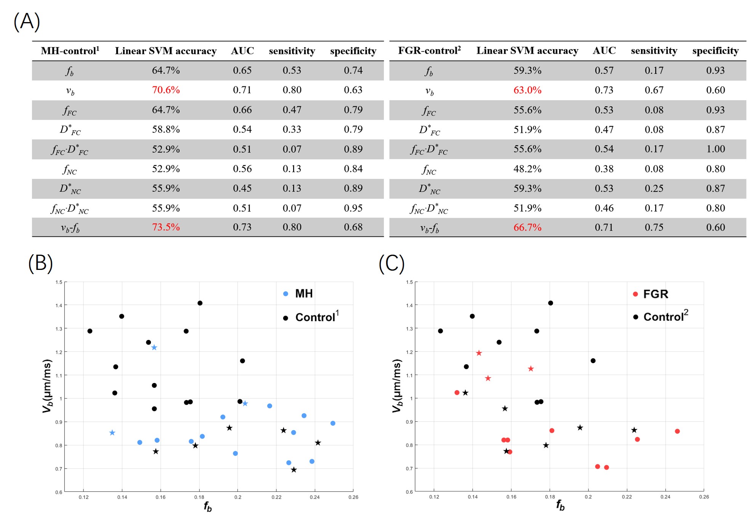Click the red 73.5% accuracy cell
coord(166,227)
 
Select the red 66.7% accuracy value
coord(527,228)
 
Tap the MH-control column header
coord(70,51)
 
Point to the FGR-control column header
coord(429,51)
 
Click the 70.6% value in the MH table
coord(166,90)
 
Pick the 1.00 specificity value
coord(715,149)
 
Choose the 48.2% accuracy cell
coord(527,169)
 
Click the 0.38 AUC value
coord(604,169)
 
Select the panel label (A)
coord(27,21)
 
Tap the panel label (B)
coord(40,263)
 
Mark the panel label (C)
coord(391,263)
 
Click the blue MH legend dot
coord(285,294)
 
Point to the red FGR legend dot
coord(635,294)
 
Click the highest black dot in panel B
coord(200,303)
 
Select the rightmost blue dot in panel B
coord(333,423)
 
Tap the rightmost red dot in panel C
coord(677,431)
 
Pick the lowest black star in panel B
coord(293,470)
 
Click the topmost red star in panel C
coord(479,353)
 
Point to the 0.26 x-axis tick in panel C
coord(704,497)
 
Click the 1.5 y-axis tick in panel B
coord(59,282)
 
